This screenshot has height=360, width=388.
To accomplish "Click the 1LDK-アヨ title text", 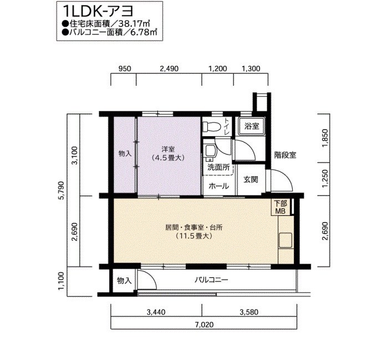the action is tap(98, 12).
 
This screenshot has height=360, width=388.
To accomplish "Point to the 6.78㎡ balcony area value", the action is tap(144, 32).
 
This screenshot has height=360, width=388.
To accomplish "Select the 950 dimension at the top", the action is tap(125, 69).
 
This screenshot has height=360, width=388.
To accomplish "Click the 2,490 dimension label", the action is tap(169, 69).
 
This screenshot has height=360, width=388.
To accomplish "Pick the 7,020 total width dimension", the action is tap(204, 324).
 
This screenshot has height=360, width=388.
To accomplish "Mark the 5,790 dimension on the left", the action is tap(61, 191).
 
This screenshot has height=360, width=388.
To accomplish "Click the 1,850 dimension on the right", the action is tap(325, 138).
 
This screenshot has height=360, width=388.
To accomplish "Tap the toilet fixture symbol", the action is tap(212, 127).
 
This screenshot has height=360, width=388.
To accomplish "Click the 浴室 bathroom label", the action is tap(252, 126).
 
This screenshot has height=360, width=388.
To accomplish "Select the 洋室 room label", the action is tap(169, 149).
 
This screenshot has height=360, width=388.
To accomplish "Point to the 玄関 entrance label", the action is tap(251, 179).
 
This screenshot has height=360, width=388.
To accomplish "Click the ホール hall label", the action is tap(218, 186).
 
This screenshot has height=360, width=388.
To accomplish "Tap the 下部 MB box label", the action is tap(280, 207).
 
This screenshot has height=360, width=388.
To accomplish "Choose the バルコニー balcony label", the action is tap(211, 280).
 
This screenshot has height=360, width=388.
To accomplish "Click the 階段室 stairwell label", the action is tap(285, 155).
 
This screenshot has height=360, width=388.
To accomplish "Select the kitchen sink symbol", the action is tap(285, 240).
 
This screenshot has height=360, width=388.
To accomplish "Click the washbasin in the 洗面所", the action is tap(211, 151).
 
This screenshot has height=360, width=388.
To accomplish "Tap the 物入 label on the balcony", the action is tap(124, 281).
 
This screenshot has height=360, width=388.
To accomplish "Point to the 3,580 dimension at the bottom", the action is tap(249, 312).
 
